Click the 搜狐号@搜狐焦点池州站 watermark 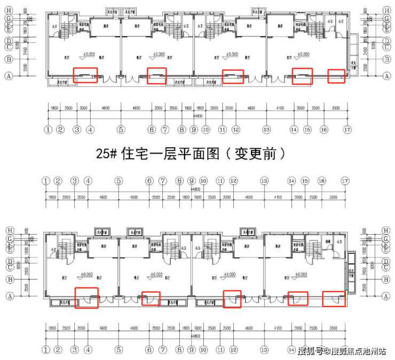click(342, 351)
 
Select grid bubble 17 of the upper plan click(347, 130)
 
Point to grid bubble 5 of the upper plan click(121, 130)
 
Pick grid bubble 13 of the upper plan click(266, 130)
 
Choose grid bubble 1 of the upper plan click(49, 130)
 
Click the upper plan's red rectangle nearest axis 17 click(336, 76)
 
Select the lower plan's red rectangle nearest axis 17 click(335, 298)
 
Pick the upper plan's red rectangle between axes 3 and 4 click(84, 75)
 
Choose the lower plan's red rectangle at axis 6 click(150, 298)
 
